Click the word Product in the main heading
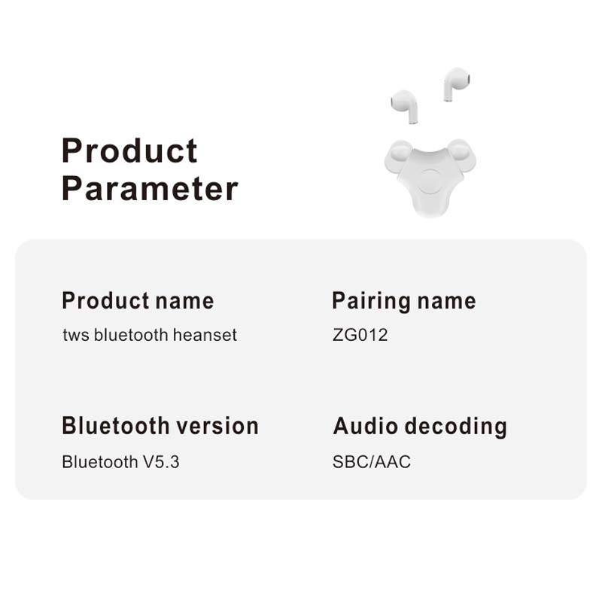[x=129, y=151]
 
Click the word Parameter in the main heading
[x=150, y=188]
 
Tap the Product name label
[x=138, y=301]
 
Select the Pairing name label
[x=404, y=302]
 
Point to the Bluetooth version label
[x=160, y=426]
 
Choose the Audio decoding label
[x=420, y=427]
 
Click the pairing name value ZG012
[x=360, y=335]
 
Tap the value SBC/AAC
[x=372, y=461]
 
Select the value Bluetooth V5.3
[x=120, y=461]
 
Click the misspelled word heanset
[x=205, y=335]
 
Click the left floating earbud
[x=405, y=105]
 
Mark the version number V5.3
[x=161, y=461]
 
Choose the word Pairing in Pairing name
[x=367, y=302]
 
